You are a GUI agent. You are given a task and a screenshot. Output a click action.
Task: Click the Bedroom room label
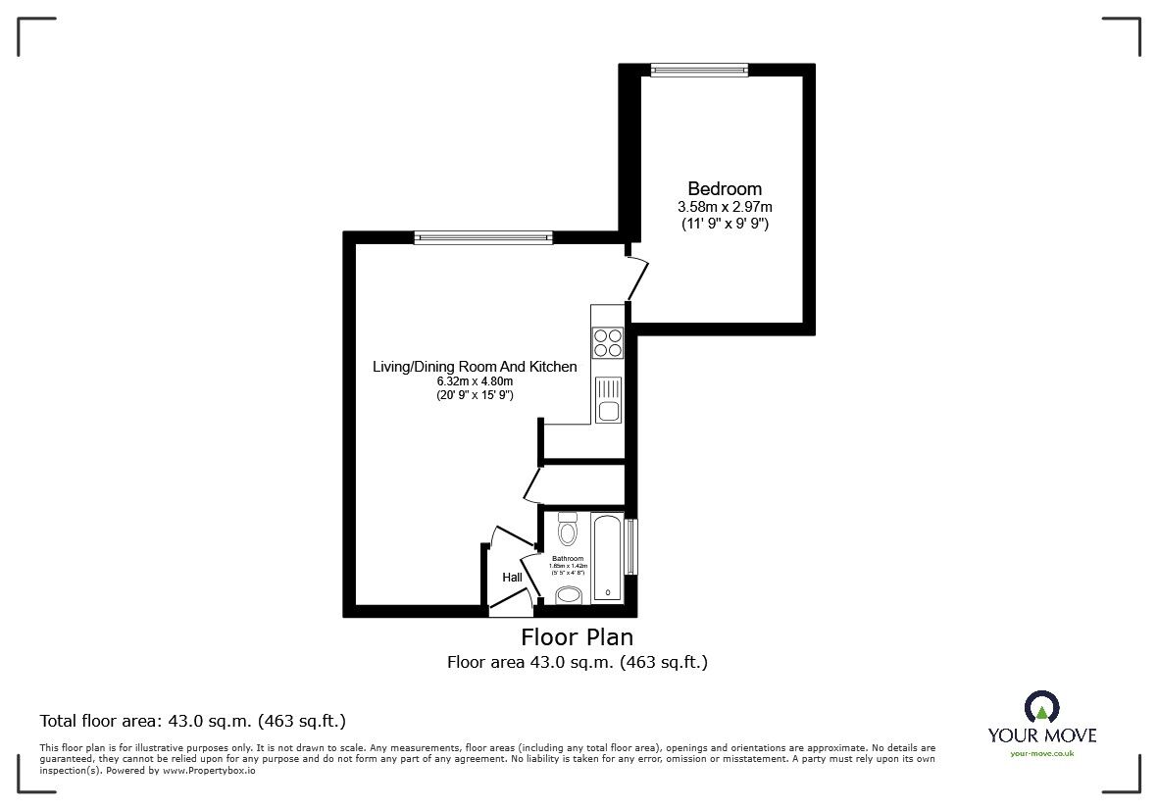point(724,188)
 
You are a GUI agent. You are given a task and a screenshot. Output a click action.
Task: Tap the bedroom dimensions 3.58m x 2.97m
point(724,207)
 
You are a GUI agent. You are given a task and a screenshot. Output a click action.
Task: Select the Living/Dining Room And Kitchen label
point(475,367)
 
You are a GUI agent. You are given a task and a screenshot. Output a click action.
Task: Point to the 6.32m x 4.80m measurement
point(475,381)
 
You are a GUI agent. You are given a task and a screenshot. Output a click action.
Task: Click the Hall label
point(512,578)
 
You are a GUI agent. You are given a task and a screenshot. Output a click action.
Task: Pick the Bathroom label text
point(568,558)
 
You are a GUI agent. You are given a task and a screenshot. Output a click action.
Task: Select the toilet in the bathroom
point(567,531)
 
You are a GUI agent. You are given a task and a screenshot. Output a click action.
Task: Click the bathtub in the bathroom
point(608,558)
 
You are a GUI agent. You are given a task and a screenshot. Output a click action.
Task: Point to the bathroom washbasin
point(568,594)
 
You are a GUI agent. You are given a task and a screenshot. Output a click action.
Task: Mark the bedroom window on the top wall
point(699,70)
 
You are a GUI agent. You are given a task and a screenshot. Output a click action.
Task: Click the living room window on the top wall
point(482,237)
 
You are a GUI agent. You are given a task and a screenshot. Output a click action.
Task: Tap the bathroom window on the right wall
point(632,547)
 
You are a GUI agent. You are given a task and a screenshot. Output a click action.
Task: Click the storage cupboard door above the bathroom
point(532,483)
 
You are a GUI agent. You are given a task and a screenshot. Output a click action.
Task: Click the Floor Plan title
point(577,637)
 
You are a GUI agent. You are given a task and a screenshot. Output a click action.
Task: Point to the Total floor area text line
point(192,721)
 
